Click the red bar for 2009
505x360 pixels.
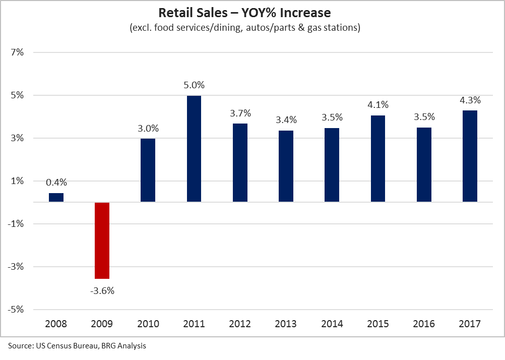point(102,240)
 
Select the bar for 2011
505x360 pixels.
point(194,149)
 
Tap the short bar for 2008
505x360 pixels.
point(56,198)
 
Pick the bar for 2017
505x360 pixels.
point(470,156)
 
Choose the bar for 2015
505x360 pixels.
point(378,159)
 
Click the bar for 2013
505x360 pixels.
point(286,166)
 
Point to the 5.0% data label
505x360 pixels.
point(194,85)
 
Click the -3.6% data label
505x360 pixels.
point(102,290)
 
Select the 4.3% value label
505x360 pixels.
point(470,100)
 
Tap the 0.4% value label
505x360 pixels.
point(56,183)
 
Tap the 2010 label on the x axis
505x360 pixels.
point(148,324)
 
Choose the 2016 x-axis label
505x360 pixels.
point(424,324)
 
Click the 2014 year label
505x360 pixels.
point(332,324)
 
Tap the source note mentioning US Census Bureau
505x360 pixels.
point(77,346)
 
